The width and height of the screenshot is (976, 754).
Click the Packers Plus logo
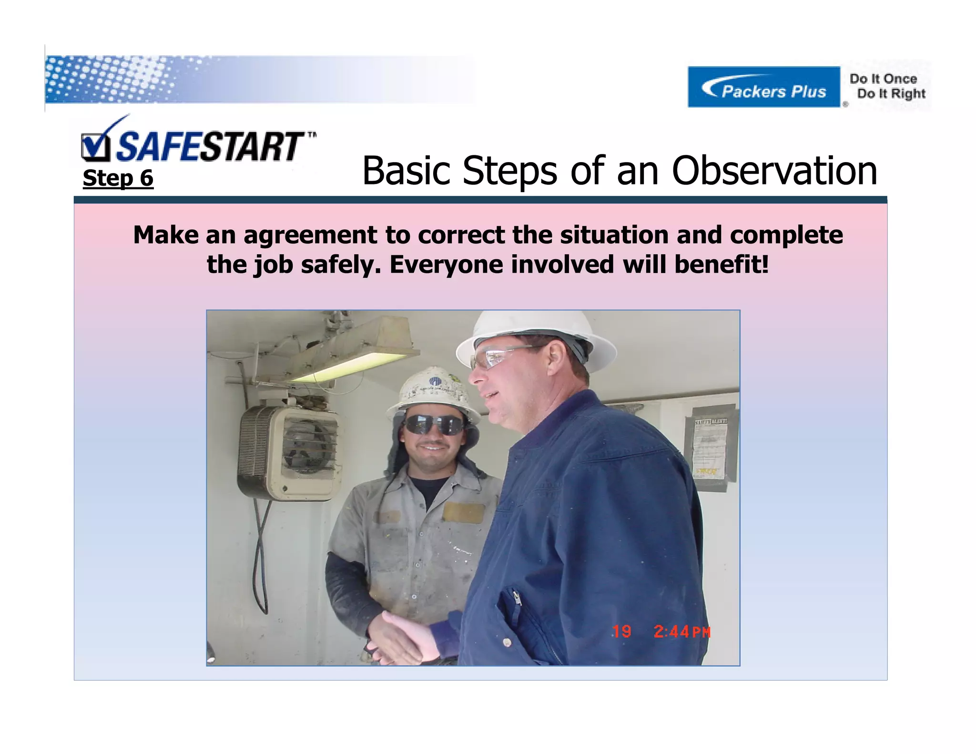763,87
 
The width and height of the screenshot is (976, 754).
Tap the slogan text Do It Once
883,79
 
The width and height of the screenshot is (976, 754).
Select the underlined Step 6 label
118,178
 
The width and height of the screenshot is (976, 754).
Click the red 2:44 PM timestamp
681,632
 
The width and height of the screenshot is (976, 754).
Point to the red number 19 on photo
621,632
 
